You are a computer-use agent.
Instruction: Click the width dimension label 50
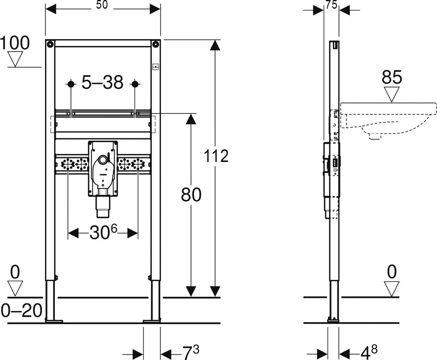(102, 5)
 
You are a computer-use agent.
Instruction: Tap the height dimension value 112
(216, 156)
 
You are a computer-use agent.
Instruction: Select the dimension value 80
(191, 194)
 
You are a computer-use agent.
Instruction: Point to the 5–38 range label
(103, 82)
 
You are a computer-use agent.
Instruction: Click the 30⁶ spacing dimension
(103, 232)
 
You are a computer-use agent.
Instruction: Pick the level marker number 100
(14, 43)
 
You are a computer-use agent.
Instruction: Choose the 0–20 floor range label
(22, 310)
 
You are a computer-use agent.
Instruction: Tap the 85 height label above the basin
(392, 77)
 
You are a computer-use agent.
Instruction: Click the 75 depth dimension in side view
(331, 5)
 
